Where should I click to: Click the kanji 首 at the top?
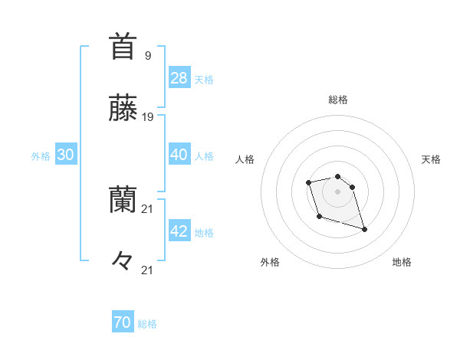(123, 47)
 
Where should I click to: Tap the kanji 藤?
(123, 109)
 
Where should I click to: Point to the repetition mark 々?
(123, 261)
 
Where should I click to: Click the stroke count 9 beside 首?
(147, 55)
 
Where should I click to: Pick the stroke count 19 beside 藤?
(148, 117)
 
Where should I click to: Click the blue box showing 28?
(179, 78)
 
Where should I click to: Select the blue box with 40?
(179, 155)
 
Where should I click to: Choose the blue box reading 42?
(179, 231)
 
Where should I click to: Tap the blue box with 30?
(65, 155)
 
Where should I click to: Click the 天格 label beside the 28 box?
(204, 80)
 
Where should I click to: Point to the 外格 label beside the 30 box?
(41, 156)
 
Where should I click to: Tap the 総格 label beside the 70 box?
(147, 325)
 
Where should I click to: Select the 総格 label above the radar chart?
(338, 100)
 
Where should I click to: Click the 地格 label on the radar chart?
(402, 262)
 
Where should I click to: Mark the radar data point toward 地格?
(364, 229)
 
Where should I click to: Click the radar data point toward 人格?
(308, 182)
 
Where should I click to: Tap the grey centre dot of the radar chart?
(337, 191)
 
